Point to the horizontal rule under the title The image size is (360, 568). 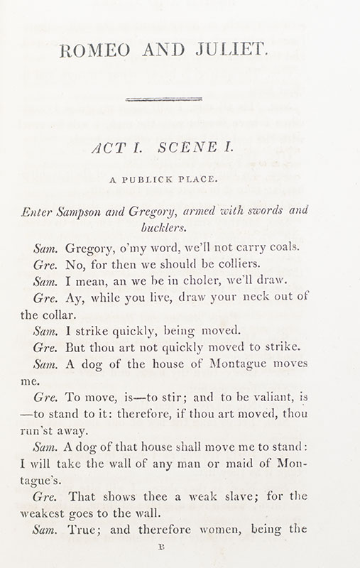(164, 99)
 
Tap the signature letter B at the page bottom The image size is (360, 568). (165, 548)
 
